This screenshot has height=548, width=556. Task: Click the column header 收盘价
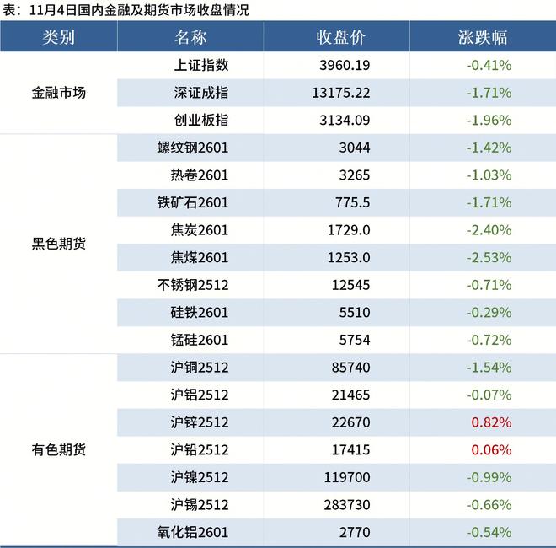coord(340,38)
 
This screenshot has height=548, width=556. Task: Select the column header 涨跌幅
coord(483,38)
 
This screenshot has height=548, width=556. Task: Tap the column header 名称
coord(191,38)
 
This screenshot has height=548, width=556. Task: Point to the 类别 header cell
coord(58,38)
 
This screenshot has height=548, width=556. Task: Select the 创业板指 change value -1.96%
coord(488,120)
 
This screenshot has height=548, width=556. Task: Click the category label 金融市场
coord(58,93)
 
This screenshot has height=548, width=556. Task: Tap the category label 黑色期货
coord(58,244)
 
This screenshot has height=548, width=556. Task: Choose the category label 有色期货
coord(58,449)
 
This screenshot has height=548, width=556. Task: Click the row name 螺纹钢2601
coord(193,148)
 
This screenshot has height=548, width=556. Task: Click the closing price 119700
coord(345,477)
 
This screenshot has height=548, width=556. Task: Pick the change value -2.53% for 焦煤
coord(488,257)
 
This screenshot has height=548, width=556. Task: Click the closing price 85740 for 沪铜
coord(348,368)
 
